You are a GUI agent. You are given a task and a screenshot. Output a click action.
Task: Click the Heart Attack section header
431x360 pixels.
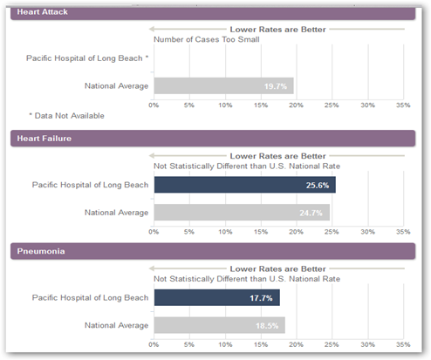pyautogui.click(x=213, y=12)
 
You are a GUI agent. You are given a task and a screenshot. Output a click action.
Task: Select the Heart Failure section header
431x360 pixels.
pyautogui.click(x=213, y=139)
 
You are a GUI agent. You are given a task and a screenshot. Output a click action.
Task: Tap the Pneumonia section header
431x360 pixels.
pyautogui.click(x=213, y=251)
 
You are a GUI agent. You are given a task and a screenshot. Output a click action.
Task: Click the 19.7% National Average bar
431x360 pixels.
pyautogui.click(x=223, y=85)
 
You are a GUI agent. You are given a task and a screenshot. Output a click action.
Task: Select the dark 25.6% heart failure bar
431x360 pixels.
pyautogui.click(x=245, y=185)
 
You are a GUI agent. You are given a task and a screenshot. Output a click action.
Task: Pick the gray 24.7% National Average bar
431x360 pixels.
pyautogui.click(x=242, y=213)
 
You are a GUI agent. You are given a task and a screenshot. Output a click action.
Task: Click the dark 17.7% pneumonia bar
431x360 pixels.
pyautogui.click(x=217, y=297)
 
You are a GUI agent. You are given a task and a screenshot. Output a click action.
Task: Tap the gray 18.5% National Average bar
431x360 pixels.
pyautogui.click(x=220, y=325)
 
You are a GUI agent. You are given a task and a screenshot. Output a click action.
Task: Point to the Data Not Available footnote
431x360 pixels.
pyautogui.click(x=66, y=116)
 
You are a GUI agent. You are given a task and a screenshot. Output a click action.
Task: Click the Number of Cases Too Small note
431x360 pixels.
pyautogui.click(x=207, y=39)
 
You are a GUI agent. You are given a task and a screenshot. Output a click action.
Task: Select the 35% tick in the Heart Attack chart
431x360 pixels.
pyautogui.click(x=403, y=105)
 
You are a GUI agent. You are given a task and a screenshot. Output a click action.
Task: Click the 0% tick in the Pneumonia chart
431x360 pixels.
pyautogui.click(x=154, y=344)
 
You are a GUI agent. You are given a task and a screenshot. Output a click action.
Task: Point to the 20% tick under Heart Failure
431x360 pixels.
pyautogui.click(x=296, y=232)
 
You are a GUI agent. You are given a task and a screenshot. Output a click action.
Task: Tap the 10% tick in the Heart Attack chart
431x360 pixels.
pyautogui.click(x=225, y=105)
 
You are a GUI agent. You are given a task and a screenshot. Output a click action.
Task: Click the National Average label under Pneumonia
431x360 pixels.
pyautogui.click(x=116, y=325)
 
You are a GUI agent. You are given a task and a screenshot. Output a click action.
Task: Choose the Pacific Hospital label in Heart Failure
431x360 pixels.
pyautogui.click(x=90, y=185)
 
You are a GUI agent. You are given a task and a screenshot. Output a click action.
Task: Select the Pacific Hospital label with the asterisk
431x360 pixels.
pyautogui.click(x=87, y=58)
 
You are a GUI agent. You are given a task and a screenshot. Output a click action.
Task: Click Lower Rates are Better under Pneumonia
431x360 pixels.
pyautogui.click(x=277, y=268)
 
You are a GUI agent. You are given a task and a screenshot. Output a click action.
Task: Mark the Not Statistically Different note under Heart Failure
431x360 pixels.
pyautogui.click(x=247, y=166)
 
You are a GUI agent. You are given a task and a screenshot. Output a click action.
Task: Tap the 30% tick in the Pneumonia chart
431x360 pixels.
pyautogui.click(x=367, y=344)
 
